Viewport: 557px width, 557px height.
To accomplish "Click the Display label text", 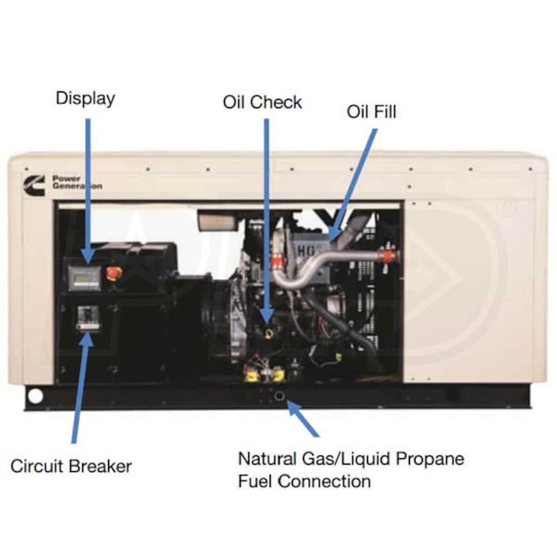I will coord(85,99).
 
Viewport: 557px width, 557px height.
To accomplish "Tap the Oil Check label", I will coord(262,102).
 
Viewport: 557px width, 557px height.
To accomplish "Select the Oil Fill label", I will coord(372,111).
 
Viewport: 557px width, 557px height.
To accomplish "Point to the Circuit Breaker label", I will coord(71,466).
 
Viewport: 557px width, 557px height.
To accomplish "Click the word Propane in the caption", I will coord(430,459).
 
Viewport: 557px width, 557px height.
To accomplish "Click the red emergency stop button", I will coord(114,273).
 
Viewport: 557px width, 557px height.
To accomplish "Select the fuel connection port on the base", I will coord(278,396).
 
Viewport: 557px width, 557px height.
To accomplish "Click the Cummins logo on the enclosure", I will coord(33,182).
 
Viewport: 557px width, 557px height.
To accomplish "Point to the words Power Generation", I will coord(77,182).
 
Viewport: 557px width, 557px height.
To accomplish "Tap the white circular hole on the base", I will coord(35,396).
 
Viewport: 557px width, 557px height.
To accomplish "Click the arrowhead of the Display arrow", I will coord(87,257).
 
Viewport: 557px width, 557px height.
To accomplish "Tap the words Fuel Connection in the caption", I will coord(304,481).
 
